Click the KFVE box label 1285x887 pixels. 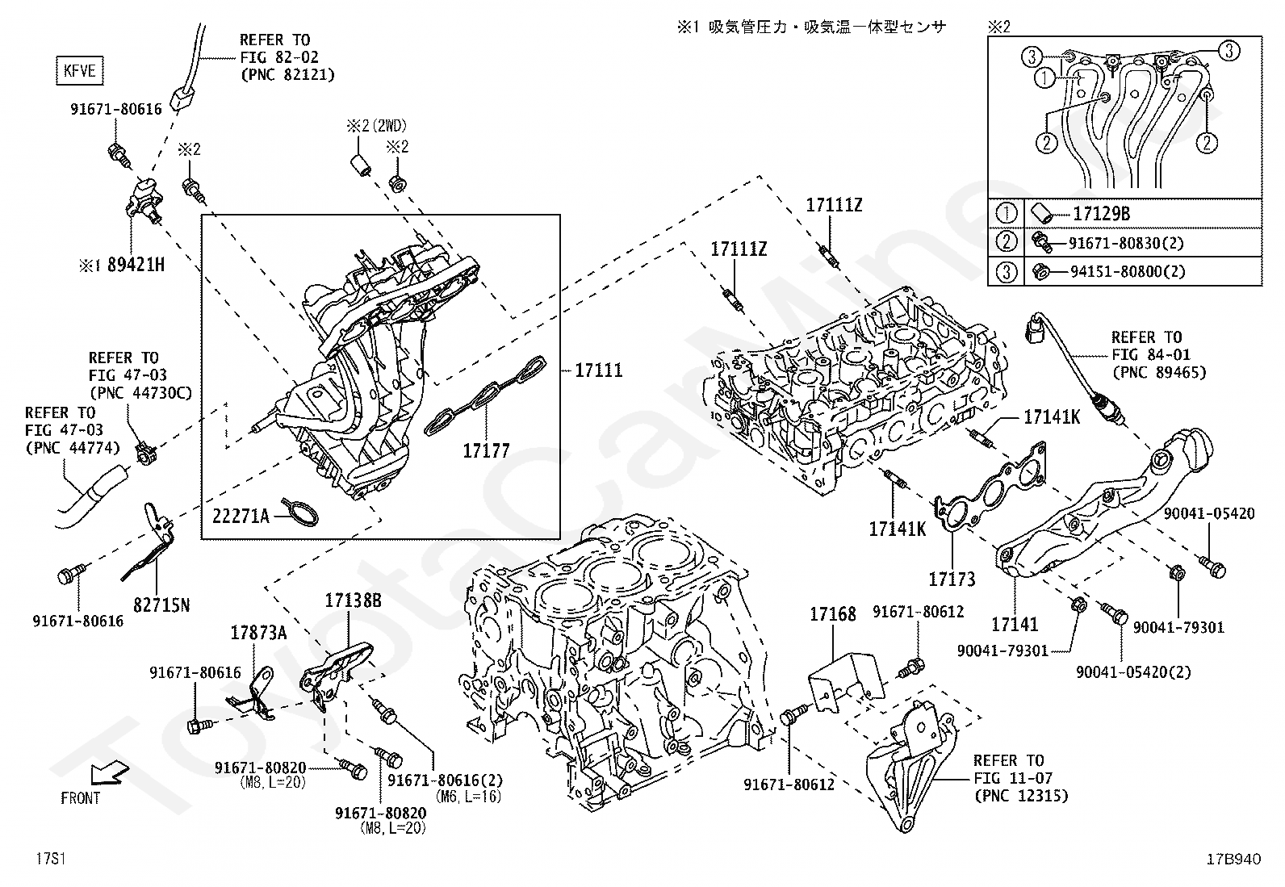[x=79, y=71]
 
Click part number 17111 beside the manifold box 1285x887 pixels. [x=598, y=370]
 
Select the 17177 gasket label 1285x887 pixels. [x=486, y=450]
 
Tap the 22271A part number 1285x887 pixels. [x=241, y=514]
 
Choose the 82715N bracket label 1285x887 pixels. [x=161, y=604]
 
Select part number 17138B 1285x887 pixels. [x=353, y=600]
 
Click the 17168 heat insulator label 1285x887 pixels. [x=832, y=615]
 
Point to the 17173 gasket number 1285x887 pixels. [x=952, y=579]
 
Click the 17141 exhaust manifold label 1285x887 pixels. [x=1015, y=624]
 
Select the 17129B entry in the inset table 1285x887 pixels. [x=1101, y=214]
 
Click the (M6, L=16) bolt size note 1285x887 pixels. [x=468, y=797]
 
